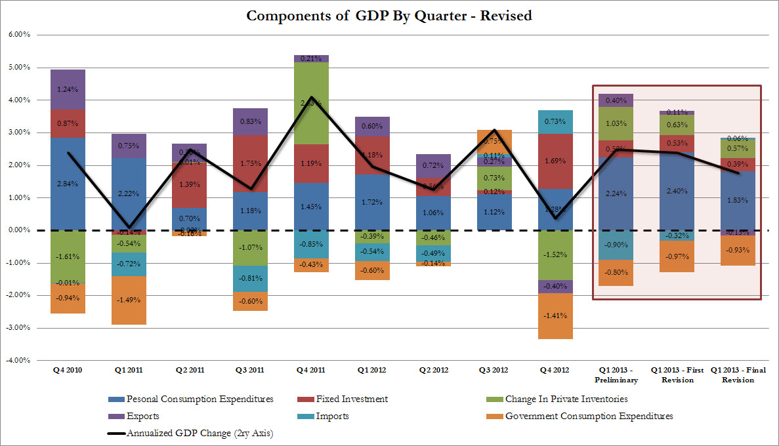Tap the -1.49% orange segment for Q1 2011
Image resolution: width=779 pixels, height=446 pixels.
pos(128,300)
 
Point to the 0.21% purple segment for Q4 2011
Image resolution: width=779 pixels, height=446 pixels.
pos(310,59)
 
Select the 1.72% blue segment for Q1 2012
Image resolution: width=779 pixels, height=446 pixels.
pos(371,202)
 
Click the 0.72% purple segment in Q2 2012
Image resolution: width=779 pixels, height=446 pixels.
pos(432,166)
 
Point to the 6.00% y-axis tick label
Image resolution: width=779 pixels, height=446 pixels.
pos(18,35)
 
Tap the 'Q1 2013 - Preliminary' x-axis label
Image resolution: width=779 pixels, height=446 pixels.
pos(615,375)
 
